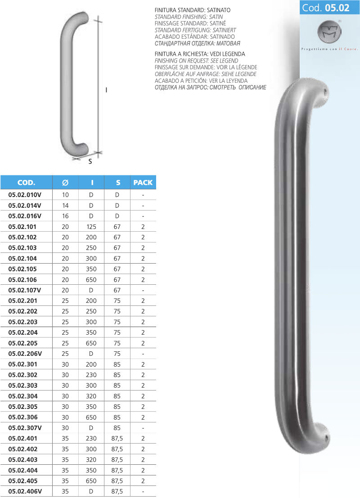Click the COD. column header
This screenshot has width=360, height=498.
click(x=26, y=183)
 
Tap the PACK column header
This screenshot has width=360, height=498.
click(x=143, y=183)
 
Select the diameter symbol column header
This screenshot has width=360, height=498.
click(x=65, y=183)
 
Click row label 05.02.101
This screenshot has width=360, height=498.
click(x=22, y=227)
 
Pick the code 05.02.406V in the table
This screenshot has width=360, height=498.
click(x=25, y=491)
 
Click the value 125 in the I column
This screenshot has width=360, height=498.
click(x=91, y=227)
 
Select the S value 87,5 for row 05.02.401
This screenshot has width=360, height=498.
click(x=117, y=439)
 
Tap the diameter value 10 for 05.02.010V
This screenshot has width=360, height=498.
click(x=65, y=195)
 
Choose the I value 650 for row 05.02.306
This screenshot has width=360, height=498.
click(x=91, y=417)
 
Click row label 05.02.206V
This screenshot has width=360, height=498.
click(x=25, y=354)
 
